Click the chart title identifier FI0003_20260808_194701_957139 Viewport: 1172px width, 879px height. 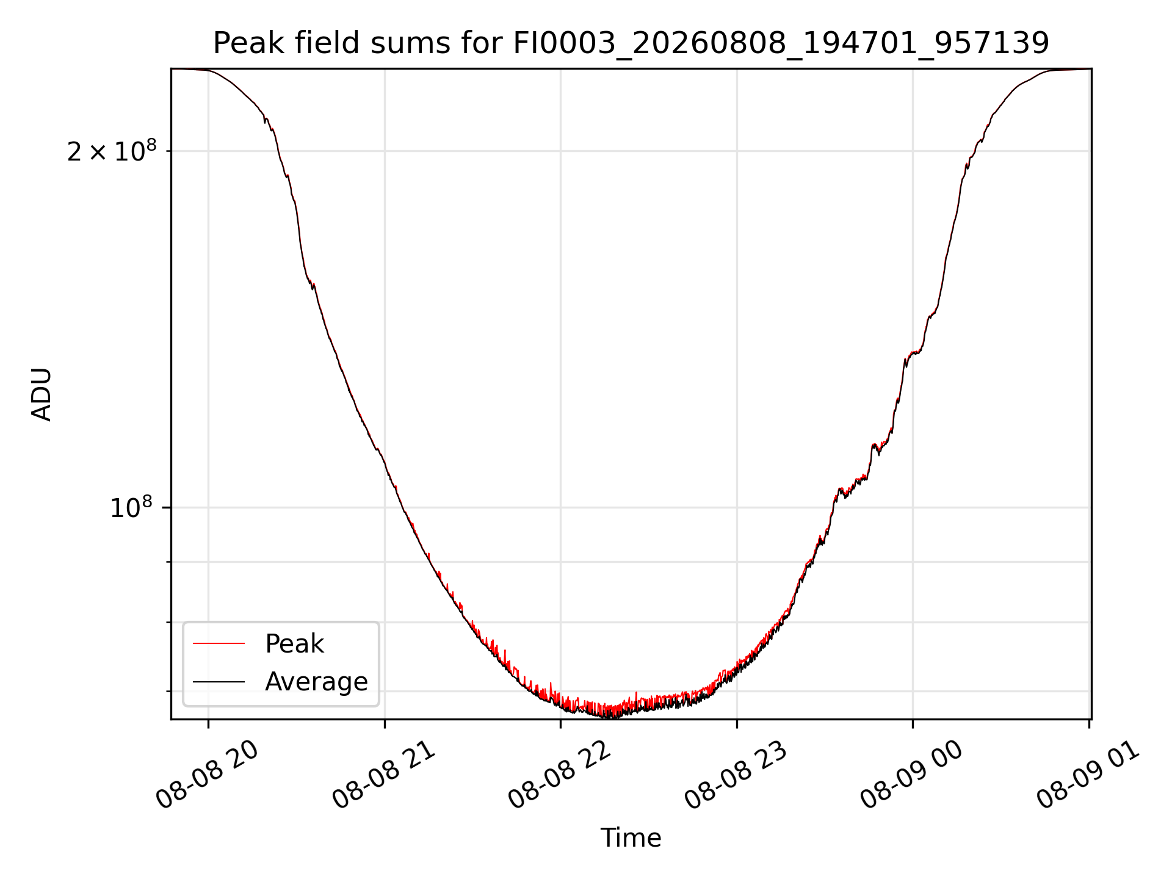coord(781,44)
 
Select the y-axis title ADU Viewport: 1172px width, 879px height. coord(42,394)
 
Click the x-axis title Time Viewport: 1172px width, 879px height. coord(631,838)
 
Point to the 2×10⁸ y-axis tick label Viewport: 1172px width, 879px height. coord(112,151)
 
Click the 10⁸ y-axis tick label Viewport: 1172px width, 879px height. coord(131,507)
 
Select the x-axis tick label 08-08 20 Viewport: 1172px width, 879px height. coord(208,775)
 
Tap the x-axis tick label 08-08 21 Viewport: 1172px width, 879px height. coord(384,775)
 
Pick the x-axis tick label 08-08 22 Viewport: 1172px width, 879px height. coord(560,775)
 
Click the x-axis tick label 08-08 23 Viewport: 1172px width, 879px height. coord(736,775)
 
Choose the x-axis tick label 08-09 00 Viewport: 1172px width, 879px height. coord(912,775)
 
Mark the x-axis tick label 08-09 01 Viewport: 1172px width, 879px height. coord(1088,775)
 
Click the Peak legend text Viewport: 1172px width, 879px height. coord(294,644)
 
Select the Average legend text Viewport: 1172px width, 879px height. coord(316,682)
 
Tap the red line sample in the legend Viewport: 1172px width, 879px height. coord(219,643)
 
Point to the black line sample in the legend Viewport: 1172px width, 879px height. coord(219,681)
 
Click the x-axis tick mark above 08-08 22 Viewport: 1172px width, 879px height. coord(561,724)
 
